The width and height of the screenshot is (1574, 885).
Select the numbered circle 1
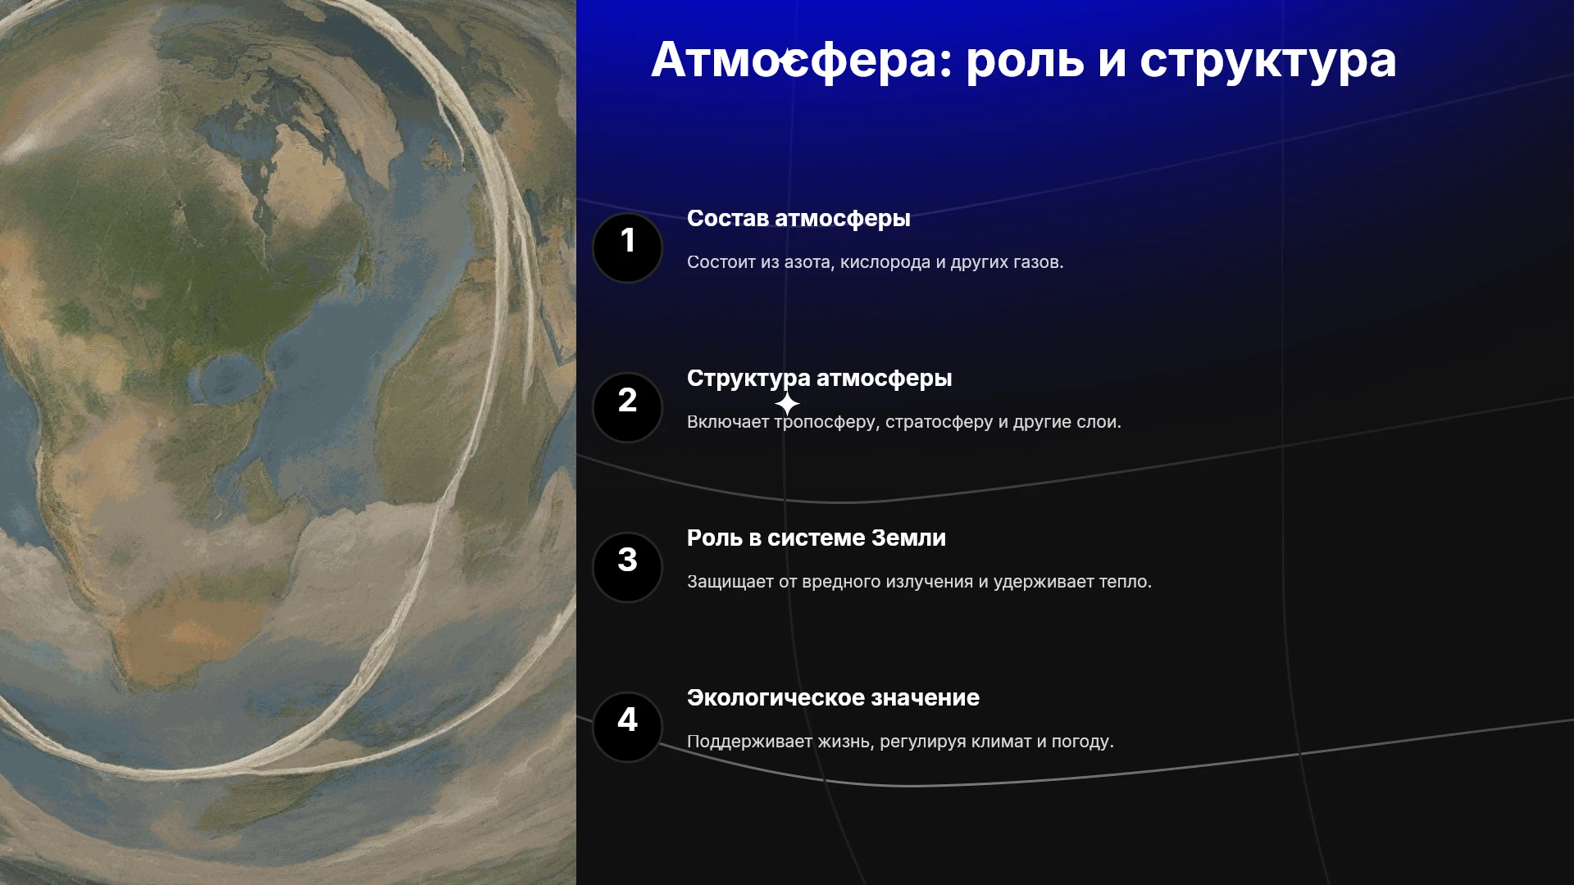627,248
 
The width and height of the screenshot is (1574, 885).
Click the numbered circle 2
627,408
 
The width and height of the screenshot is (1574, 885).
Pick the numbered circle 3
627,568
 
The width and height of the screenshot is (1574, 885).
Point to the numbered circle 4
627,728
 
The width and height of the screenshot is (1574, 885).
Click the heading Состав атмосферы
798,219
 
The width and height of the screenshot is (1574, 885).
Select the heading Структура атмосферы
819,379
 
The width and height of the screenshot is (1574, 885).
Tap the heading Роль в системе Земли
816,538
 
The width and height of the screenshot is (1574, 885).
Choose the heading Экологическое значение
833,697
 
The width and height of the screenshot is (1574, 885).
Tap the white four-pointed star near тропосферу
787,403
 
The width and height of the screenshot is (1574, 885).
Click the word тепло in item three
1125,582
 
